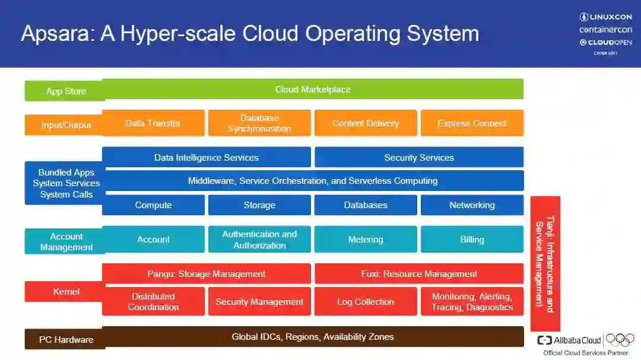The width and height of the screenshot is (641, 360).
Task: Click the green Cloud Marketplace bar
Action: pyautogui.click(x=313, y=90)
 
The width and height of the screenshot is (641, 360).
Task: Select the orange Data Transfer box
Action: pyautogui.click(x=153, y=123)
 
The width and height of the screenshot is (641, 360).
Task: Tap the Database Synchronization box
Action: pyautogui.click(x=259, y=123)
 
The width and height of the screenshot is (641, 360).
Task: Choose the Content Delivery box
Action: pyautogui.click(x=366, y=123)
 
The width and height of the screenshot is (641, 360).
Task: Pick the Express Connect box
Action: pyautogui.click(x=472, y=123)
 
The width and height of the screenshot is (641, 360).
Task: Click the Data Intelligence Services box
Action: pyautogui.click(x=206, y=158)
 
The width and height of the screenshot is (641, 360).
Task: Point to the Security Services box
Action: pyautogui.click(x=419, y=158)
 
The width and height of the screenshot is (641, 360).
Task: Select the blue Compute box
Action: pyautogui.click(x=153, y=205)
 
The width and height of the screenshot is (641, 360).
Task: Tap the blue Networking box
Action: pyautogui.click(x=472, y=205)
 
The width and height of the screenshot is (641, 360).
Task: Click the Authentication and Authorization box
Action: pyautogui.click(x=259, y=240)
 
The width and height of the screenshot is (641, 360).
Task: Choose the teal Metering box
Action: pyautogui.click(x=366, y=240)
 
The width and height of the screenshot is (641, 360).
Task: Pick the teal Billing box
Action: pyautogui.click(x=472, y=240)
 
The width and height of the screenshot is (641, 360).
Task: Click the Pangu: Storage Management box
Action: pyautogui.click(x=206, y=274)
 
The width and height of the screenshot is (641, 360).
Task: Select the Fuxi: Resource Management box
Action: pyautogui.click(x=419, y=274)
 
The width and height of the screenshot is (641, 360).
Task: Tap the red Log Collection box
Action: pyautogui.click(x=366, y=302)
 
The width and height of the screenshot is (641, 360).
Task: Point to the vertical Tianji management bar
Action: pyautogui.click(x=545, y=264)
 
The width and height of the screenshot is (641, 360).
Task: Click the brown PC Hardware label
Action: pyautogui.click(x=66, y=340)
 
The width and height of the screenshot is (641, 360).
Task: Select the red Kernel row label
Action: pyautogui.click(x=66, y=292)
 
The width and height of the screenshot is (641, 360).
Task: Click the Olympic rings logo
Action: pyautogui.click(x=620, y=340)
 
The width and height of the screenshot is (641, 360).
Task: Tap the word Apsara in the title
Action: pyautogui.click(x=56, y=33)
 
